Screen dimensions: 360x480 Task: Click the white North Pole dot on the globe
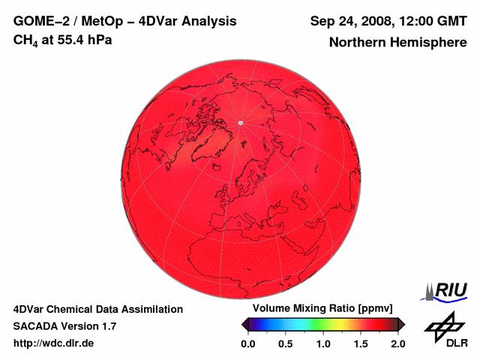tap(240, 122)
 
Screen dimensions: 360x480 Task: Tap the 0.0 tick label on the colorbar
tap(247, 343)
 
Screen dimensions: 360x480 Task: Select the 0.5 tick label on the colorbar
tap(285, 343)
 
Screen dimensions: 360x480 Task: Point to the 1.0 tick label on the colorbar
tap(323, 343)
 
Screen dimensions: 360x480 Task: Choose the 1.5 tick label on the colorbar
tap(361, 343)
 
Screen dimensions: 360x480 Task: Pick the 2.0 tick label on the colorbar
tap(397, 343)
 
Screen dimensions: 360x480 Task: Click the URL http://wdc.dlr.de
tap(54, 343)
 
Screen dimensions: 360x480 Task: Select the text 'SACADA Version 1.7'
tap(64, 326)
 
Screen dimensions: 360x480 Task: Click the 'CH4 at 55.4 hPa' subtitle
tap(63, 40)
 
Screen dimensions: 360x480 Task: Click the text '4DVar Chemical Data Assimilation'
tap(98, 309)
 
